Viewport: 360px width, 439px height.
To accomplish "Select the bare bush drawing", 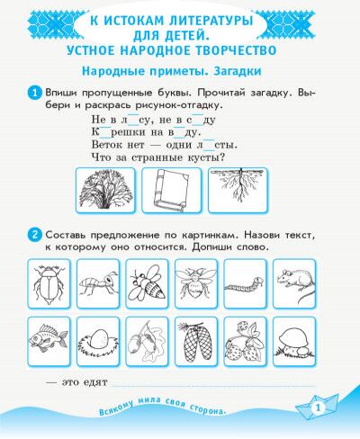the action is [x=105, y=190].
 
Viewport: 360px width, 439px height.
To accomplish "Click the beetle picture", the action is [x=49, y=284].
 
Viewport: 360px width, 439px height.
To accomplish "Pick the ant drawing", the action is [x=98, y=283].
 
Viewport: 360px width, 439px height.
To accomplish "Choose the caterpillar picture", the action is [x=245, y=286].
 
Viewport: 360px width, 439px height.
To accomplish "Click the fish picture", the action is [x=49, y=339].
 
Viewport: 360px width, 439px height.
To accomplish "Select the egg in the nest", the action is [x=98, y=341].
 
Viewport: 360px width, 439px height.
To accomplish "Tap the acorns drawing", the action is [x=147, y=342].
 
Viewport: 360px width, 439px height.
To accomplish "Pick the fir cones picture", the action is [x=195, y=342].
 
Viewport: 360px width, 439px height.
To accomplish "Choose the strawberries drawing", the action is [x=245, y=341].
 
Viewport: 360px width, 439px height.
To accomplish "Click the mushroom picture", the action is [x=294, y=341].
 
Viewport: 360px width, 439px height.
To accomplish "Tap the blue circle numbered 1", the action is [x=35, y=93].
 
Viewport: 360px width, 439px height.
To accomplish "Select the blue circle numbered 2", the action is [x=35, y=235].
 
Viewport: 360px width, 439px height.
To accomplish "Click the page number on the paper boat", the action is [x=318, y=408].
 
